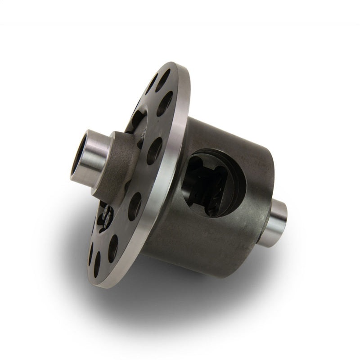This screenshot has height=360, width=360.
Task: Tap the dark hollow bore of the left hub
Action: pos(78,158)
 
